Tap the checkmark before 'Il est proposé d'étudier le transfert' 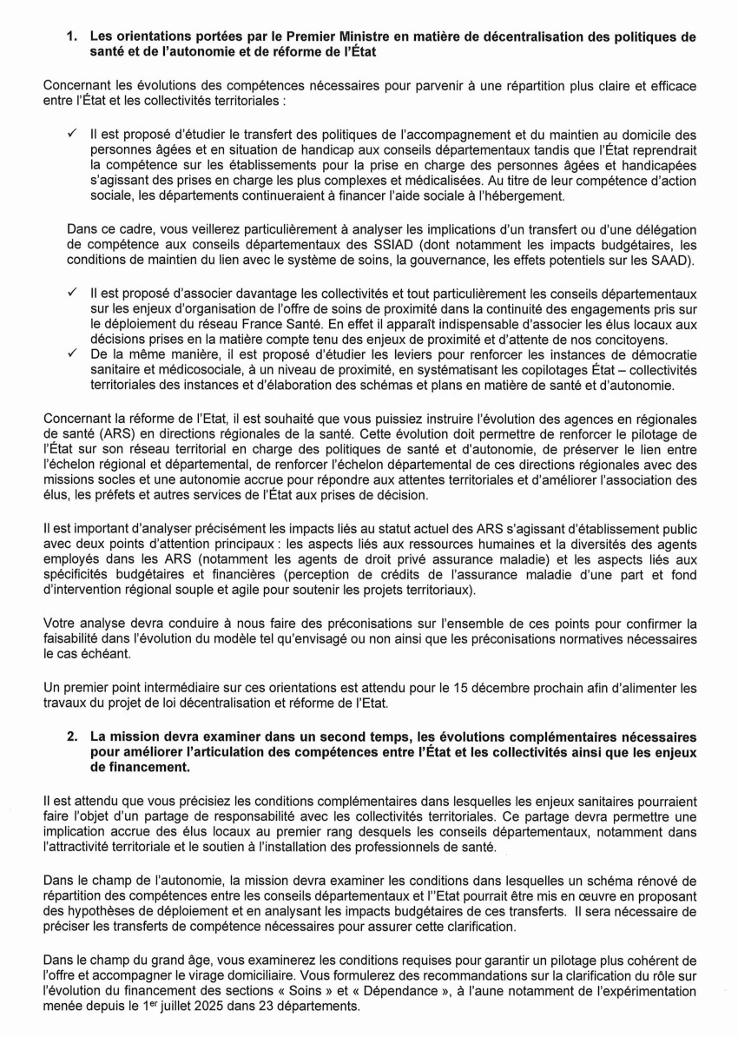(73, 135)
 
